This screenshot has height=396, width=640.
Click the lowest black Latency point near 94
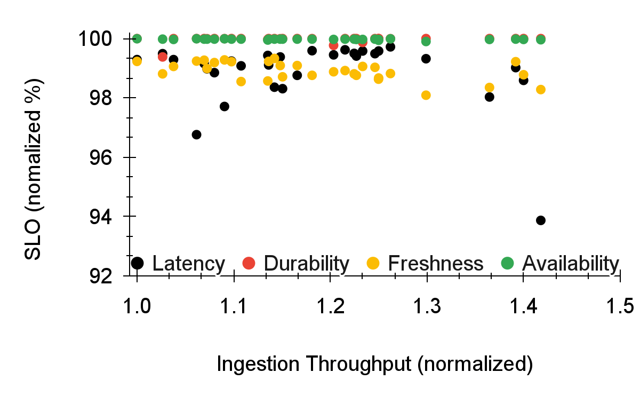(540, 220)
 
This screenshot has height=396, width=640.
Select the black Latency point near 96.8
(196, 134)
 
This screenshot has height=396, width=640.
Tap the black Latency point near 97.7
(224, 106)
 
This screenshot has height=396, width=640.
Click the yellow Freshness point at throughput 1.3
(426, 95)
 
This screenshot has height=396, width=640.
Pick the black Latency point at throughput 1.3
(426, 58)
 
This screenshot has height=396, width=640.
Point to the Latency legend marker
(138, 263)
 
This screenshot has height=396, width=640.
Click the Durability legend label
(306, 263)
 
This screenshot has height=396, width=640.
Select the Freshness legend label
(435, 263)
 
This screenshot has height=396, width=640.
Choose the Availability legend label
(570, 263)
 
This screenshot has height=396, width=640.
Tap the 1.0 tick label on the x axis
(137, 307)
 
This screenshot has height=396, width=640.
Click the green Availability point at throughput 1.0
(137, 38)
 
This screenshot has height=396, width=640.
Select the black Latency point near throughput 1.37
(489, 97)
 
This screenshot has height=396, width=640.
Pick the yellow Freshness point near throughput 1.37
(489, 87)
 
